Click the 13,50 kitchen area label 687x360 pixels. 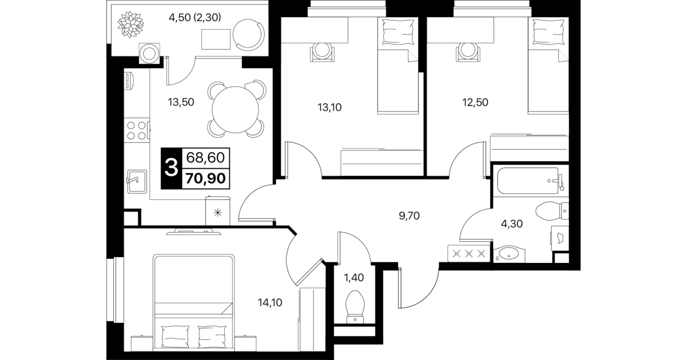pos(181,102)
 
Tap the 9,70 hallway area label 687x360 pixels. pos(409,216)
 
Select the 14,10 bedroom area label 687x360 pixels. pos(270,303)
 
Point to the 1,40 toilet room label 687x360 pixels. pos(354,278)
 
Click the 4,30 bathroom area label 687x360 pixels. pos(512,224)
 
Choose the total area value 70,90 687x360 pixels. pos(206,178)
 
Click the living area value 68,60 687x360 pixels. pos(206,158)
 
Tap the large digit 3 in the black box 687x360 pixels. pos(171,169)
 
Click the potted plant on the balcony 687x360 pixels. pos(130,25)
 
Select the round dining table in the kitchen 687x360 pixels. pos(236,109)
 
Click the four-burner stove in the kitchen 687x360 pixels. pos(137,130)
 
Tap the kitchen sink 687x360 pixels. pos(137,181)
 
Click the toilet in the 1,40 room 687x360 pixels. pos(355,307)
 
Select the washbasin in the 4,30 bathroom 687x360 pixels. pos(509,254)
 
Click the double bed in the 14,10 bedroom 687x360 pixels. pos(193,302)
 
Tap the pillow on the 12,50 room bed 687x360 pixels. pos(549,32)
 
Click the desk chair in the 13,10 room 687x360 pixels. pos(321,51)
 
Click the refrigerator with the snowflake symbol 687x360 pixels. pos(218,211)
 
